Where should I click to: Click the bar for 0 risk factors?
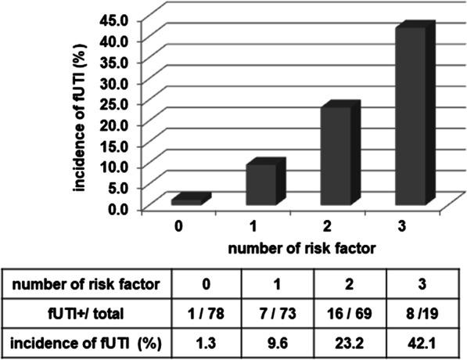point(189,200)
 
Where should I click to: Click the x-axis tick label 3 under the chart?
point(401,226)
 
